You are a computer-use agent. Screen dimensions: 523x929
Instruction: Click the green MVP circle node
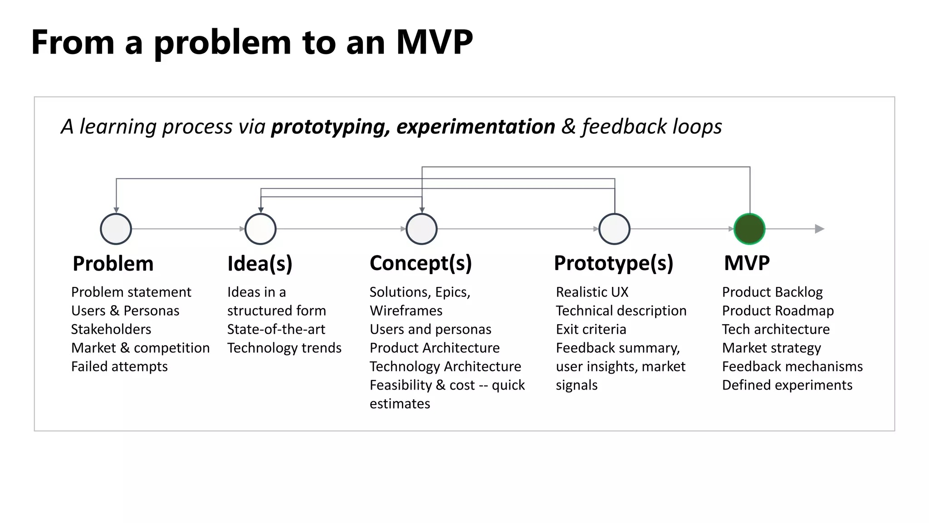(x=749, y=229)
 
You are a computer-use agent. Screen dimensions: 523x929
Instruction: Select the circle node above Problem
(x=116, y=229)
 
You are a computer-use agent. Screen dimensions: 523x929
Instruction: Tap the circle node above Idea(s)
(x=260, y=229)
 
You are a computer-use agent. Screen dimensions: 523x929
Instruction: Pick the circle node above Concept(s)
(x=422, y=229)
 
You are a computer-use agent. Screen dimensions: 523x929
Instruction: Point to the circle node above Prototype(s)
(x=614, y=229)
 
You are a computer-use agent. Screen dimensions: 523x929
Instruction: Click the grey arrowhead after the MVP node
(x=819, y=229)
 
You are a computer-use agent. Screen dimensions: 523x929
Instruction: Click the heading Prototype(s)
(x=613, y=263)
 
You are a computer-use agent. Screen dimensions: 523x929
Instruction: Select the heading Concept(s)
(x=420, y=263)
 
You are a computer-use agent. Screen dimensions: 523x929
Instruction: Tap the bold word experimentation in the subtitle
(x=475, y=127)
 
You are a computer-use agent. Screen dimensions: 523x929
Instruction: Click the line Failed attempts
(x=119, y=366)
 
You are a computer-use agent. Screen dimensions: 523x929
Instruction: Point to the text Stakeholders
(x=111, y=329)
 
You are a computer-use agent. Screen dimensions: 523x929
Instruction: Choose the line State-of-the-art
(x=276, y=329)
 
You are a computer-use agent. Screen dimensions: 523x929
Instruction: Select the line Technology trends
(x=284, y=348)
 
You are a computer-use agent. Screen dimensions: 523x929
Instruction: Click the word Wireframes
(x=406, y=311)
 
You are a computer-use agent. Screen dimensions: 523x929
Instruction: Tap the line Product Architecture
(x=435, y=348)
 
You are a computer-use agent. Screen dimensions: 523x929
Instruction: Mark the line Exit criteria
(x=591, y=329)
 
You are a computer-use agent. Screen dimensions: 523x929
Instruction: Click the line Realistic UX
(x=592, y=292)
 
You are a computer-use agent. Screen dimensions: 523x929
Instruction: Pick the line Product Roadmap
(x=777, y=311)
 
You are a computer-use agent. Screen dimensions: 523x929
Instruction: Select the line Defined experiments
(x=787, y=385)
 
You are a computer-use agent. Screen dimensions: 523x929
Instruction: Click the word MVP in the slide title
(x=434, y=42)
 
